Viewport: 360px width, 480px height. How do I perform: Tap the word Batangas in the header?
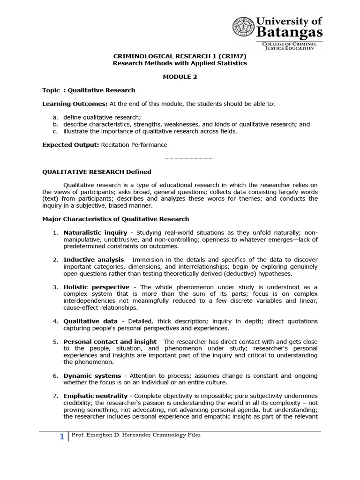tap(289, 32)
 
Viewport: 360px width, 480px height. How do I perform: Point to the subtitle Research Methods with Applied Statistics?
tap(180, 63)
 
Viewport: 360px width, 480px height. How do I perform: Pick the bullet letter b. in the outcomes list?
tap(55, 124)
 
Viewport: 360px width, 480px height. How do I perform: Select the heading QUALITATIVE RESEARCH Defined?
tap(97, 172)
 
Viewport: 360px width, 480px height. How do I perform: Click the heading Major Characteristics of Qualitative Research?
tap(116, 219)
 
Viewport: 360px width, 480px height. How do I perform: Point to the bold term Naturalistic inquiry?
tap(95, 232)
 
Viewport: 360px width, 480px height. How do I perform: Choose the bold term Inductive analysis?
tap(94, 259)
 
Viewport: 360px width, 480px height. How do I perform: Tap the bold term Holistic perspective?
tap(96, 287)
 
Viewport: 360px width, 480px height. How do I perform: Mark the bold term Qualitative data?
tap(90, 321)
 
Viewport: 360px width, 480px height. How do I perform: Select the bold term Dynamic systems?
tap(92, 376)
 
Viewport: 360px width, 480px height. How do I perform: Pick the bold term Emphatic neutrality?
tap(96, 397)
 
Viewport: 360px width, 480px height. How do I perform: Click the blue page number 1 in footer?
tap(61, 437)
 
